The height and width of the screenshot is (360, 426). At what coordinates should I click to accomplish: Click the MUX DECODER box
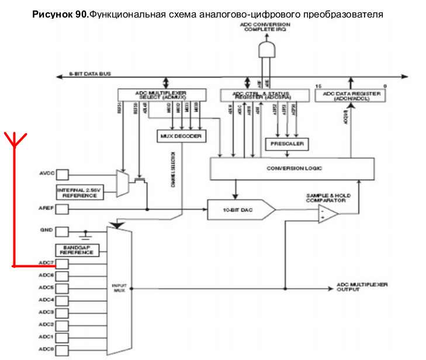click(180, 136)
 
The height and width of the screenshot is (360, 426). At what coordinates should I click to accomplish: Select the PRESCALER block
click(287, 143)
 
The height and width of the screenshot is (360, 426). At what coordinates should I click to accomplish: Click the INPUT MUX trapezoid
click(119, 288)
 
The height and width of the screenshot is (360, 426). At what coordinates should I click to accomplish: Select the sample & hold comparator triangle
click(328, 214)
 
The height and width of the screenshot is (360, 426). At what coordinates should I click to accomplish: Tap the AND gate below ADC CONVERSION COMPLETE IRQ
click(267, 49)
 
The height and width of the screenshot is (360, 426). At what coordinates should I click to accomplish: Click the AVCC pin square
click(62, 174)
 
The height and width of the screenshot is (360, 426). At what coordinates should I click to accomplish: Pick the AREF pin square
click(62, 208)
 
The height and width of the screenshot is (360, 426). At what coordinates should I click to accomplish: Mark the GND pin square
click(62, 231)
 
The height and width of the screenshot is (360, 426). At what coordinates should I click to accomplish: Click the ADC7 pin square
click(62, 263)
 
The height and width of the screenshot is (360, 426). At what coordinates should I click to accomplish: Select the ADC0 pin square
click(62, 349)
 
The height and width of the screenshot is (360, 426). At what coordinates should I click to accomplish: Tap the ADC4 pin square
click(62, 300)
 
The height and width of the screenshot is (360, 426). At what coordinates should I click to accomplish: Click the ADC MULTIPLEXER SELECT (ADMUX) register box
click(162, 94)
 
